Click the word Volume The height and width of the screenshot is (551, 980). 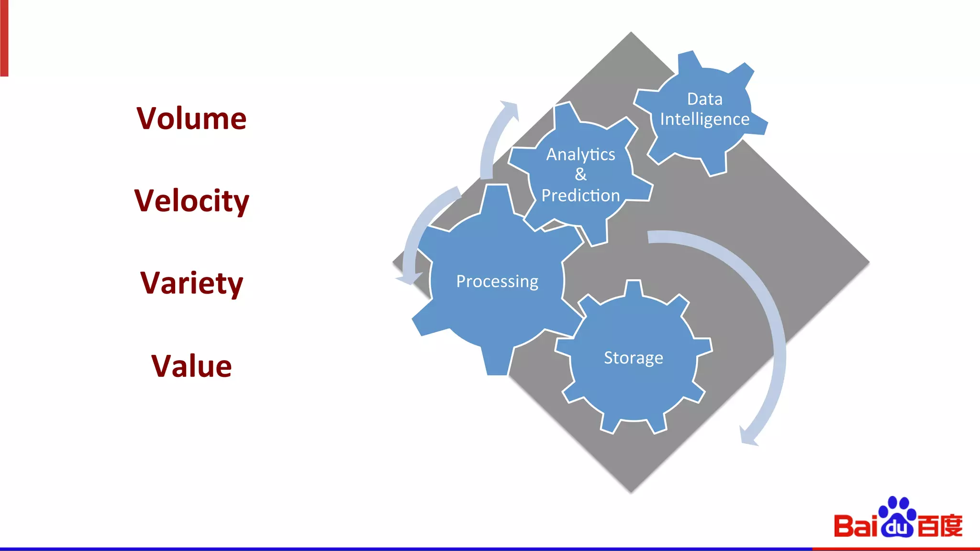click(191, 118)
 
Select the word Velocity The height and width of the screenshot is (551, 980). click(191, 201)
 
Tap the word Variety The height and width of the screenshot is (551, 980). click(191, 283)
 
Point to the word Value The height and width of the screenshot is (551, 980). click(191, 366)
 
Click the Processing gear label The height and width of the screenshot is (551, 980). click(497, 281)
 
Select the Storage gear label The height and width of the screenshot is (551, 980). click(633, 358)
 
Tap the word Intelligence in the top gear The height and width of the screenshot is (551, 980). click(704, 119)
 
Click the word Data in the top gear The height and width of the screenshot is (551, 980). click(704, 99)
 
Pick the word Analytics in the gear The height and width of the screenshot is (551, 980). click(580, 154)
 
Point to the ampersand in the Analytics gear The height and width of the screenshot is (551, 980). click(580, 174)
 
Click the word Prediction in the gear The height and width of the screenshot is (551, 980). click(580, 195)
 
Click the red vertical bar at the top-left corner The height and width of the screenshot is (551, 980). click(4, 38)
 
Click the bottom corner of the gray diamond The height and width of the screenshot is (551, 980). click(631, 491)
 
